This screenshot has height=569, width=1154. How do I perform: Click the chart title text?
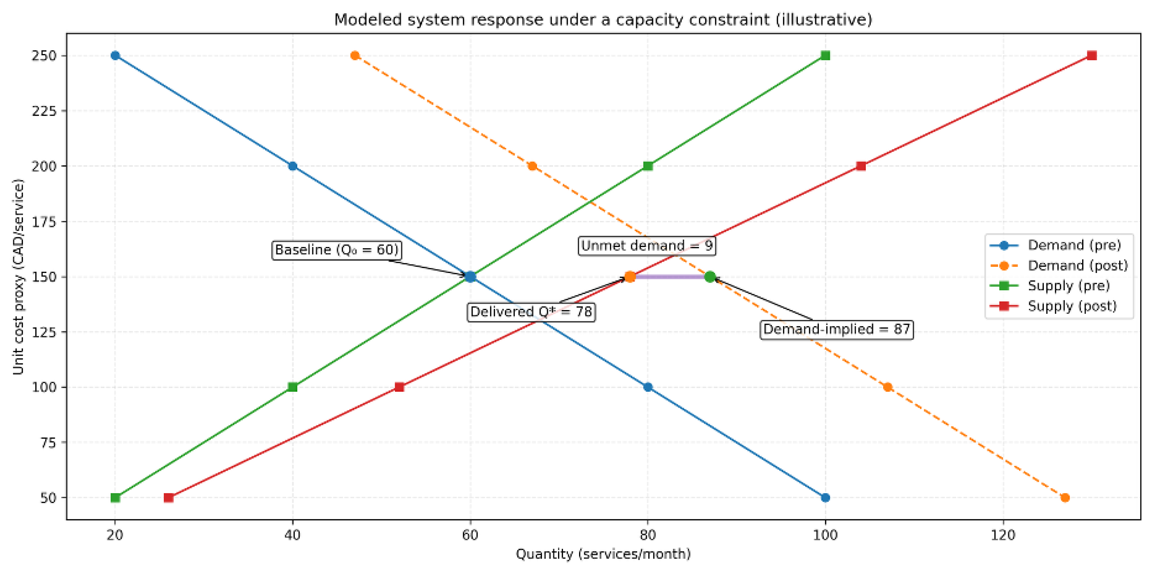pyautogui.click(x=603, y=20)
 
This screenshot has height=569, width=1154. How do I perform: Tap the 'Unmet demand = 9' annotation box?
pyautogui.click(x=647, y=246)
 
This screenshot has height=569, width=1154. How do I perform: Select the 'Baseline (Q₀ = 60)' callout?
pyautogui.click(x=336, y=250)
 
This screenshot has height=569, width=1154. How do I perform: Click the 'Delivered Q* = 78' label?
pyautogui.click(x=531, y=312)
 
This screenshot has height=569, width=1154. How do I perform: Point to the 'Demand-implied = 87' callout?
pyautogui.click(x=836, y=330)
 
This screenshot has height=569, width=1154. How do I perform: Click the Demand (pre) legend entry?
pyautogui.click(x=1074, y=245)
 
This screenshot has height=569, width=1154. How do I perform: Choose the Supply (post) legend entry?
pyautogui.click(x=1071, y=306)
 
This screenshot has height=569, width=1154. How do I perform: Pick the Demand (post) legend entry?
pyautogui.click(x=1077, y=265)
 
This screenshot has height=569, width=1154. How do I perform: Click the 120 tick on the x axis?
pyautogui.click(x=1003, y=535)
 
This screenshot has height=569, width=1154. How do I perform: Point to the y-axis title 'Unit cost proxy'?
pyautogui.click(x=18, y=277)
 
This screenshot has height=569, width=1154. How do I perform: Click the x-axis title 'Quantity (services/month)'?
pyautogui.click(x=603, y=554)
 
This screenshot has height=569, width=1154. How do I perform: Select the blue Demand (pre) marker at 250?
pyautogui.click(x=115, y=56)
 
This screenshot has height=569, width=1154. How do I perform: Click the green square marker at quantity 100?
pyautogui.click(x=825, y=56)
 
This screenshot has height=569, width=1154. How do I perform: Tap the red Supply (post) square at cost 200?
pyautogui.click(x=861, y=166)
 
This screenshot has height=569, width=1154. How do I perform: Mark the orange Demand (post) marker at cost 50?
pyautogui.click(x=1065, y=498)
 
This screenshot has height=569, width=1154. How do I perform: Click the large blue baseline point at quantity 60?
pyautogui.click(x=470, y=277)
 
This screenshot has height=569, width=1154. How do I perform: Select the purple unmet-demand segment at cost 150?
pyautogui.click(x=670, y=277)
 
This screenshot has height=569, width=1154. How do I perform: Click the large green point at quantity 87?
pyautogui.click(x=710, y=277)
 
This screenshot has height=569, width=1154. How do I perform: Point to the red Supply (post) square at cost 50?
pyautogui.click(x=169, y=498)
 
